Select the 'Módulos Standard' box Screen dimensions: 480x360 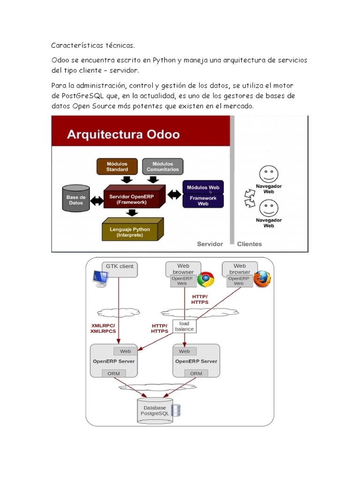pyautogui.click(x=117, y=166)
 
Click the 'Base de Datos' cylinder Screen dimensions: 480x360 pyautogui.click(x=76, y=200)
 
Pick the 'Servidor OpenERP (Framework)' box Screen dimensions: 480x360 pyautogui.click(x=135, y=199)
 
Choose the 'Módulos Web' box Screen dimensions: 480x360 pyautogui.click(x=203, y=187)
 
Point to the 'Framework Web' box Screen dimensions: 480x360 pyautogui.click(x=203, y=201)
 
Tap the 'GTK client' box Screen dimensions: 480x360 pyautogui.click(x=120, y=266)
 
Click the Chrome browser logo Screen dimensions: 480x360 pyautogui.click(x=205, y=279)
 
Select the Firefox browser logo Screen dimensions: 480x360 pyautogui.click(x=262, y=279)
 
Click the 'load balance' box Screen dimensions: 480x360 pyautogui.click(x=184, y=326)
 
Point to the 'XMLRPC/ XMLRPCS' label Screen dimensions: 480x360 pyautogui.click(x=103, y=328)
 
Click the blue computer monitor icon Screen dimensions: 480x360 pyautogui.click(x=100, y=279)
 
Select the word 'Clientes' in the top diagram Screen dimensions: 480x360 pyautogui.click(x=249, y=244)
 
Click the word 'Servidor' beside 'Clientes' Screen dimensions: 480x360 pyautogui.click(x=210, y=244)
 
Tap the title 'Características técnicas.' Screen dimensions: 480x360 pyautogui.click(x=93, y=45)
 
